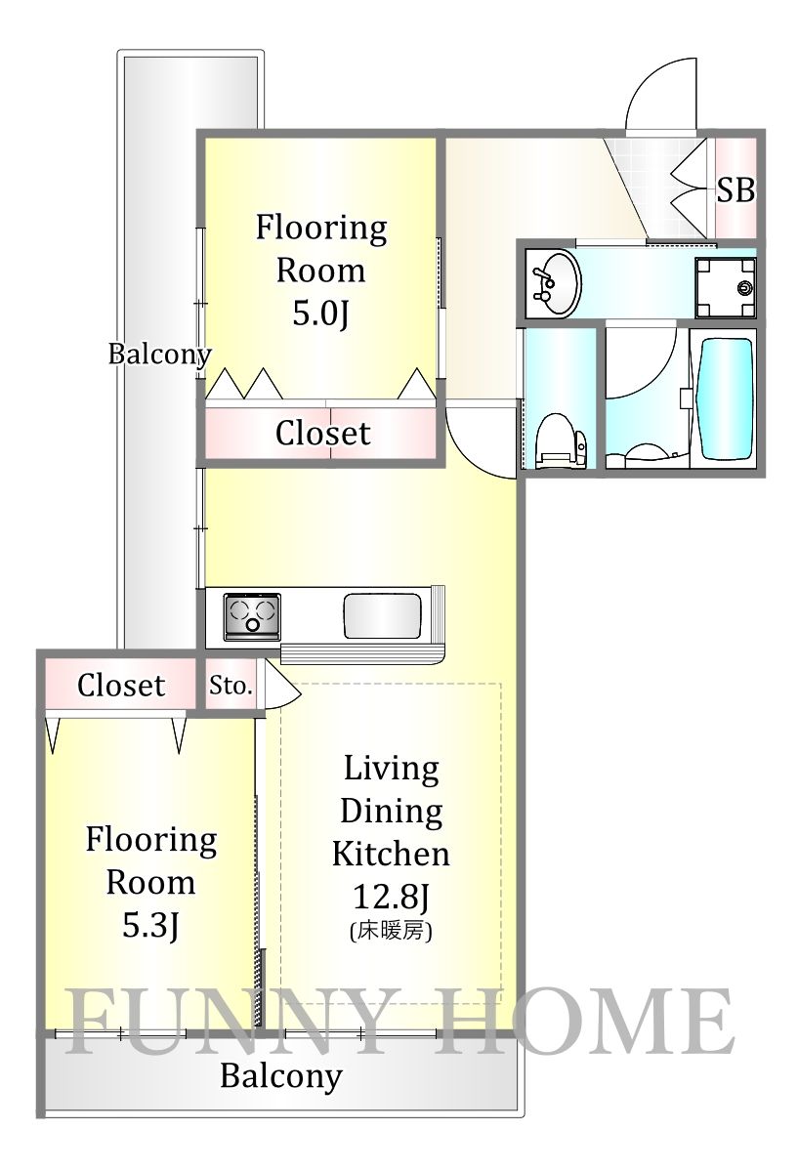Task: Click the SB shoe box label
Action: tap(735, 189)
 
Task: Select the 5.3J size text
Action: tap(150, 925)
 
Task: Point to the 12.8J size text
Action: tap(391, 896)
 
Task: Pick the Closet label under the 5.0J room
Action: tap(322, 433)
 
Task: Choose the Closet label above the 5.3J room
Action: tap(121, 685)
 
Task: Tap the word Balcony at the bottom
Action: tap(280, 1076)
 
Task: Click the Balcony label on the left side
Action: tap(158, 354)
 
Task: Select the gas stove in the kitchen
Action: tap(252, 616)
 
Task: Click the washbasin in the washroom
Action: tap(552, 283)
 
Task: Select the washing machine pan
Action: tap(726, 287)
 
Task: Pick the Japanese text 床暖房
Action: tap(391, 932)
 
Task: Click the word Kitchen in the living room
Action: tap(391, 853)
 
